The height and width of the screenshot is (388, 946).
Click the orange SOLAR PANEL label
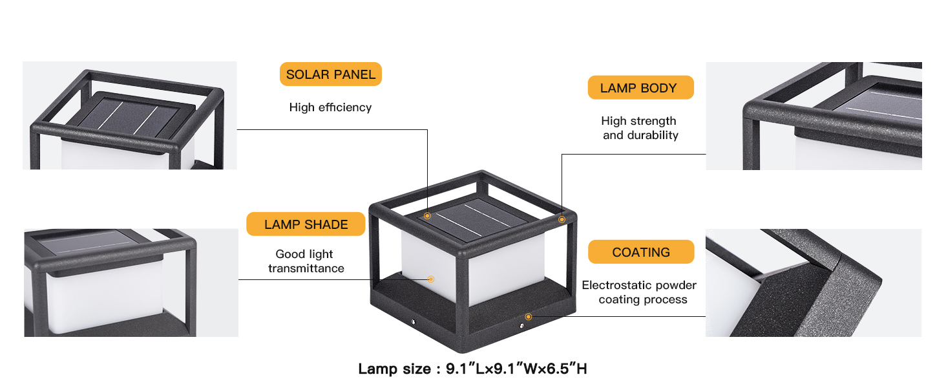tap(330, 74)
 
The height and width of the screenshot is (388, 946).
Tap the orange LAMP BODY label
tap(640, 88)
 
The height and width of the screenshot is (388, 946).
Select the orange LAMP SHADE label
tap(306, 224)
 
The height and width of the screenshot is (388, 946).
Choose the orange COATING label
tap(641, 252)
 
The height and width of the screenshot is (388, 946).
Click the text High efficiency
tap(330, 107)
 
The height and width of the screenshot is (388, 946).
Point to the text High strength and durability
tap(640, 128)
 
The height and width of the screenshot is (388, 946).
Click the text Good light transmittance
tap(306, 261)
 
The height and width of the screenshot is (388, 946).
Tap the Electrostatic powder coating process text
tap(640, 292)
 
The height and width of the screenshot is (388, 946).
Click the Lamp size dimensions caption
tap(472, 369)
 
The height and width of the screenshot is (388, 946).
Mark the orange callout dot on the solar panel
tap(427, 215)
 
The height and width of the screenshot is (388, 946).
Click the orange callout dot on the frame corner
tap(562, 220)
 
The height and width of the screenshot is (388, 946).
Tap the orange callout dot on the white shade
tap(431, 279)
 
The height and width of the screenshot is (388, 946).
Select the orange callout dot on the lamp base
tap(529, 317)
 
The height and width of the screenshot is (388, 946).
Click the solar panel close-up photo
tap(123, 116)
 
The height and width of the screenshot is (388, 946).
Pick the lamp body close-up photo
tap(814, 116)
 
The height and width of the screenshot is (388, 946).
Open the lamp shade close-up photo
tap(131, 283)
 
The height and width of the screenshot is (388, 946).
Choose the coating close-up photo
tap(814, 283)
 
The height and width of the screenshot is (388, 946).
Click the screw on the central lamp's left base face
tap(412, 320)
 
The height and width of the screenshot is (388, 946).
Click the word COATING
tap(641, 252)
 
